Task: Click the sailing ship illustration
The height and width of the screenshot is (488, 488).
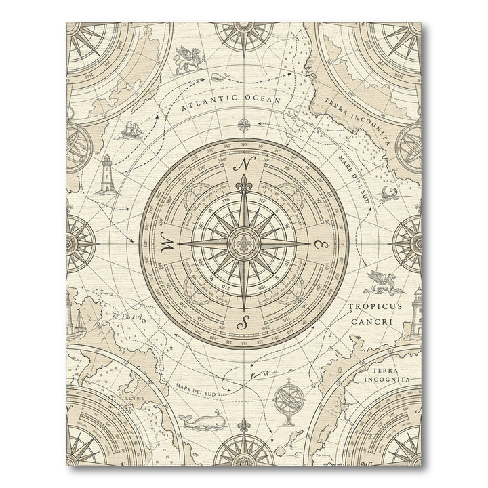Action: (x=131, y=129)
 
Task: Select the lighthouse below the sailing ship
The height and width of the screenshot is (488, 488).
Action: (x=108, y=174)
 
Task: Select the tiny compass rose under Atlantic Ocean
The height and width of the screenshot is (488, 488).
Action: (x=245, y=124)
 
